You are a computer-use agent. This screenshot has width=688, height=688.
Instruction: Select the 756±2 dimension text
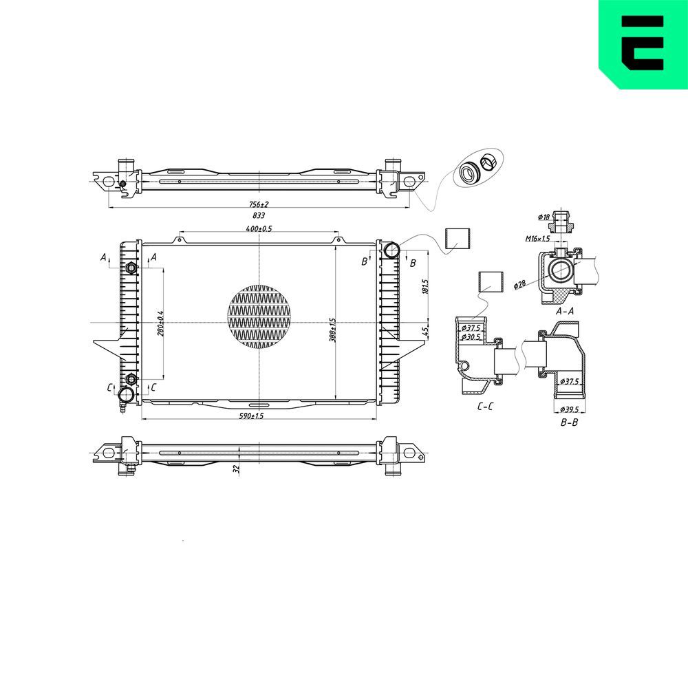pos(258,204)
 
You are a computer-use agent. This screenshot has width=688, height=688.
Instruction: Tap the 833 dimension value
pos(258,215)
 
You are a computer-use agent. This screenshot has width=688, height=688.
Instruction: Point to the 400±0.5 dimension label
pos(258,228)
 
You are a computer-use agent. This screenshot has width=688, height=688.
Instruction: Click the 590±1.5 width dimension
pos(252,416)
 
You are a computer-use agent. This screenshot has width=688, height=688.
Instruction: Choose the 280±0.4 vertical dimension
pos(160,323)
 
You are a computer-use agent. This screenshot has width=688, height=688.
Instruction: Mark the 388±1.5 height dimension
pos(332,330)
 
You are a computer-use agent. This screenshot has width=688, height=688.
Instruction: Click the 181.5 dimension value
pos(424,286)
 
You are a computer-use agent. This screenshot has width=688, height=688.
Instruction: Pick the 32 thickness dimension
pos(235,469)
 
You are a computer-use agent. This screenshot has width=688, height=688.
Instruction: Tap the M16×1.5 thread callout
pos(538,239)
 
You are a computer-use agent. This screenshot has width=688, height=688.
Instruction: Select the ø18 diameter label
pos(544,217)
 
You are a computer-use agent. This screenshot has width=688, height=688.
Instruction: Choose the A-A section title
pos(565,311)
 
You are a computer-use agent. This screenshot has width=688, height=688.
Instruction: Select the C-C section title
pos(485,407)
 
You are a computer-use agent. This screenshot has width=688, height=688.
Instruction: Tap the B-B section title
pos(569,422)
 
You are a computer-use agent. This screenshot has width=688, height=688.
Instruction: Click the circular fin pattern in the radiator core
pos(259,315)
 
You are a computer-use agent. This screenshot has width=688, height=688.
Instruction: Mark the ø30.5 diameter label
pos(472,337)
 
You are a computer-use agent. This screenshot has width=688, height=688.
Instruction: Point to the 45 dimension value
pos(424,332)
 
